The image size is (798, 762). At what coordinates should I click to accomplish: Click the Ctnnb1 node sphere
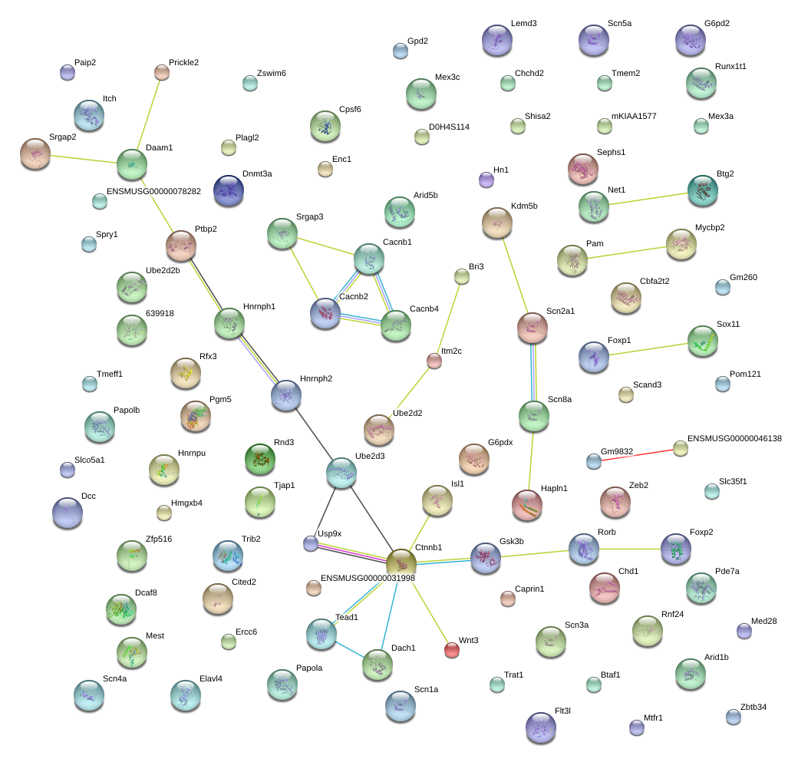coord(401,564)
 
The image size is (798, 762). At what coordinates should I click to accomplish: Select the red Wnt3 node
coord(452,650)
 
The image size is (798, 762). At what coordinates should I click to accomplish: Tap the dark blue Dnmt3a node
coord(229,190)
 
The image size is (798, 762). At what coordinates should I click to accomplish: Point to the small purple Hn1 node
coord(486,180)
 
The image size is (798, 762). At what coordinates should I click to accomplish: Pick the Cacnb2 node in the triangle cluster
coord(325,313)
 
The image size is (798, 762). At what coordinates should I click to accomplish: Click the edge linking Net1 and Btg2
coord(648,199)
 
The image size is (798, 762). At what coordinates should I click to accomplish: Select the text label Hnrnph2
coord(316,379)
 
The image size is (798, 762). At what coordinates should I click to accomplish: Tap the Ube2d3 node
coord(341,473)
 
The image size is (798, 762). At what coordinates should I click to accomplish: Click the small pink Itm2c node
coord(434,361)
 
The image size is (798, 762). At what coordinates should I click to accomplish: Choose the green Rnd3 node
coord(260,459)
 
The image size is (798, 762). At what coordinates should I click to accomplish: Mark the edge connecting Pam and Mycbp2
coord(627,252)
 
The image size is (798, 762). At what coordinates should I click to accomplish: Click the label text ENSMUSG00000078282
coord(153,191)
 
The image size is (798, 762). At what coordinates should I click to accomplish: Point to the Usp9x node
coord(311,543)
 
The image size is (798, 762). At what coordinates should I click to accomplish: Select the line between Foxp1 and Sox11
coord(648,349)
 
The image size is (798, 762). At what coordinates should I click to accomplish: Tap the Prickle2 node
coord(162,72)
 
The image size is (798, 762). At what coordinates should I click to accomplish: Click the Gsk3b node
coord(486,558)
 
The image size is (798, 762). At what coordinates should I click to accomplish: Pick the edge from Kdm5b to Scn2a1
coord(515,275)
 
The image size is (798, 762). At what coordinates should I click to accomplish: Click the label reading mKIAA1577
coord(634,116)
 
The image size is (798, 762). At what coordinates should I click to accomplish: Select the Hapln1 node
coord(527,505)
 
